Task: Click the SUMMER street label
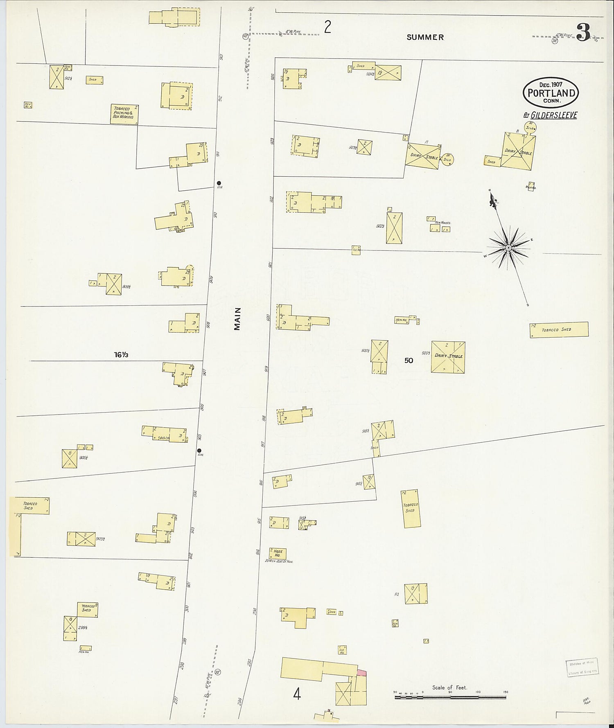pyautogui.click(x=425, y=37)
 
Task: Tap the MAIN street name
pyautogui.click(x=237, y=319)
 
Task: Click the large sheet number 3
pyautogui.click(x=584, y=33)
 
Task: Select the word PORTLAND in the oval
pyautogui.click(x=551, y=93)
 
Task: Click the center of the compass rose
pyautogui.click(x=508, y=248)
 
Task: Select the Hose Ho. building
pyautogui.click(x=278, y=553)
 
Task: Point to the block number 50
pyautogui.click(x=409, y=361)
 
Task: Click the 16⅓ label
pyautogui.click(x=121, y=355)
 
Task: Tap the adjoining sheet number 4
pyautogui.click(x=297, y=694)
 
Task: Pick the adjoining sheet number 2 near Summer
pyautogui.click(x=327, y=28)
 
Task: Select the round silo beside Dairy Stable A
pyautogui.click(x=448, y=159)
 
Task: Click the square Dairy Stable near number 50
pyautogui.click(x=448, y=357)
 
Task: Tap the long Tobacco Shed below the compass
pyautogui.click(x=559, y=329)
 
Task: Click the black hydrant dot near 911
pyautogui.click(x=219, y=183)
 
